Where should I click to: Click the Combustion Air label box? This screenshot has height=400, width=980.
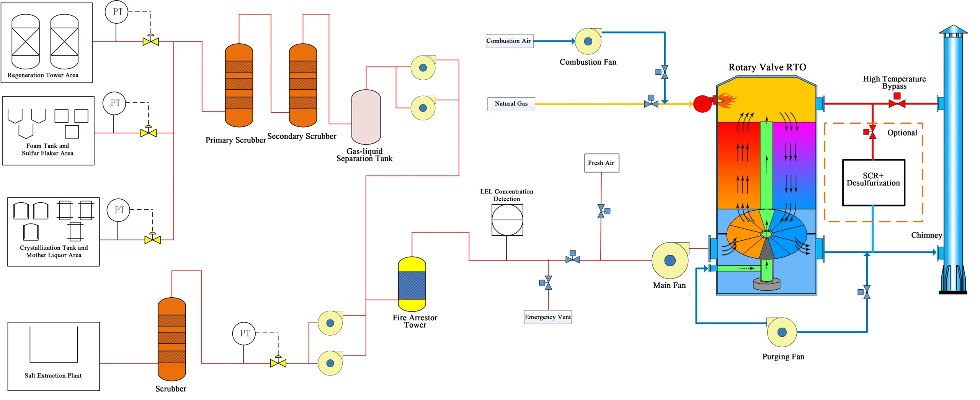click(509, 41)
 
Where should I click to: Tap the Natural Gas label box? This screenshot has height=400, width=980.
click(511, 104)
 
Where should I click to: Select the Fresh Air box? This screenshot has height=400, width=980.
click(601, 163)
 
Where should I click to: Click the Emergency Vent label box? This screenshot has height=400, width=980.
click(548, 317)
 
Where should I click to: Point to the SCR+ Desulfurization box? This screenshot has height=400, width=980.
click(874, 182)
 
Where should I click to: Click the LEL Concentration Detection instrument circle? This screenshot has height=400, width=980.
click(507, 220)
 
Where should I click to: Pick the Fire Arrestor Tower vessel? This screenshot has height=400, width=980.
click(412, 284)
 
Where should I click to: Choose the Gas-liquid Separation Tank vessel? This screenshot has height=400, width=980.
click(366, 117)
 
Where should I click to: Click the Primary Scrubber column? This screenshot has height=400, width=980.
click(239, 85)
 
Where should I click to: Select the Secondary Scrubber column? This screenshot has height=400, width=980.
click(303, 85)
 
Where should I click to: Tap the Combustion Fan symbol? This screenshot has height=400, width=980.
click(588, 41)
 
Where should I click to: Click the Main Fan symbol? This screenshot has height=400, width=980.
click(670, 261)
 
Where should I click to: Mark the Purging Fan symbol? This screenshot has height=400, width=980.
click(782, 332)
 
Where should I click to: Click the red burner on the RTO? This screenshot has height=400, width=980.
click(703, 104)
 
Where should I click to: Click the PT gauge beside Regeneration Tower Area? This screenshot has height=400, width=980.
click(116, 12)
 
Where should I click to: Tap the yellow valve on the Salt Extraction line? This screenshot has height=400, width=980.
click(278, 362)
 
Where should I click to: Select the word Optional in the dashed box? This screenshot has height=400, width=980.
click(902, 133)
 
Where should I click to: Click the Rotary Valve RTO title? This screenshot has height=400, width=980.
click(767, 67)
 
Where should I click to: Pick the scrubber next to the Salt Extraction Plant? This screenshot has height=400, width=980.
click(171, 339)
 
